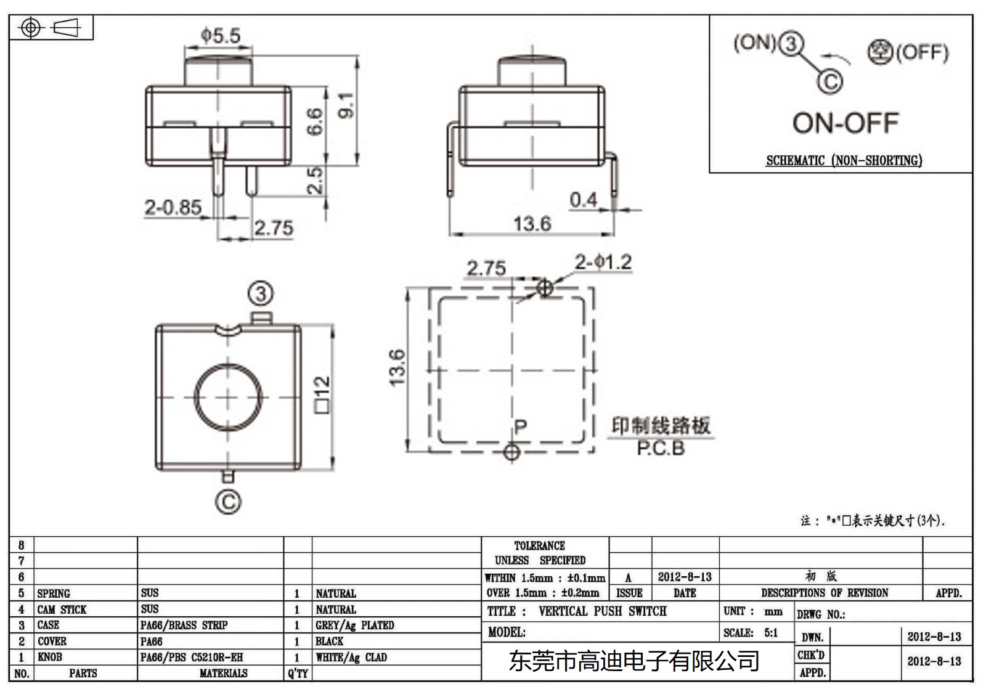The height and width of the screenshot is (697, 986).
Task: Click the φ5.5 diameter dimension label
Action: click(220, 36)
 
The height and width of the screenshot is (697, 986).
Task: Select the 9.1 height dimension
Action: click(346, 105)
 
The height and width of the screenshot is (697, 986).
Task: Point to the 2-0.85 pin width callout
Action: click(173, 207)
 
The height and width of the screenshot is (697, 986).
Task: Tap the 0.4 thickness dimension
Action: click(582, 200)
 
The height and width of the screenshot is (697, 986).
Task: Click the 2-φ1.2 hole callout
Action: click(603, 263)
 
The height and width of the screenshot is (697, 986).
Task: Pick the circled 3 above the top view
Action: click(261, 294)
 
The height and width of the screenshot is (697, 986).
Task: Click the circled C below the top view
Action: click(228, 502)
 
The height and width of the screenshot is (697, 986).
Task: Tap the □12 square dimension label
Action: click(322, 394)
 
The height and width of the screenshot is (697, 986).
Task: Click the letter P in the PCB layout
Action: click(520, 427)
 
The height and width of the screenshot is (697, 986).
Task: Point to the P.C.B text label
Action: click(661, 449)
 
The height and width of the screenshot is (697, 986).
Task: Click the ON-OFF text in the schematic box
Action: click(845, 123)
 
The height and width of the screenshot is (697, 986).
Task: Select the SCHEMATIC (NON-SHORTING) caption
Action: click(844, 161)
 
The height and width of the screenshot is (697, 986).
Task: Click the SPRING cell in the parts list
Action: click(54, 593)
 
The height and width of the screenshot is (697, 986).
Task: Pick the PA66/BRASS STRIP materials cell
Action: click(184, 626)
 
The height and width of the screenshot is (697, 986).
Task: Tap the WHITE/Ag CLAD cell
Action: click(351, 658)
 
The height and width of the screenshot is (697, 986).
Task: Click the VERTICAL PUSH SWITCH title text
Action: click(602, 611)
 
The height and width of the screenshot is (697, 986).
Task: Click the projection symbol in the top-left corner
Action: click(51, 28)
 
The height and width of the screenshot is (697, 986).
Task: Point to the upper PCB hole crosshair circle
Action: click(545, 287)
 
